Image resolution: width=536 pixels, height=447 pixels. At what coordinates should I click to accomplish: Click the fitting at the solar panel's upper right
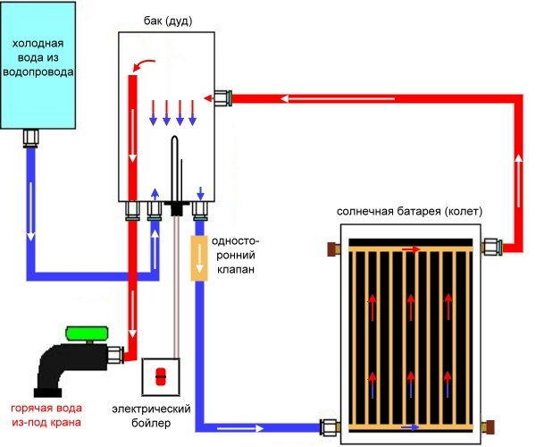point(490,244)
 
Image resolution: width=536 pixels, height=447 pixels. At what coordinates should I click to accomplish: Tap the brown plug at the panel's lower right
point(490,426)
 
